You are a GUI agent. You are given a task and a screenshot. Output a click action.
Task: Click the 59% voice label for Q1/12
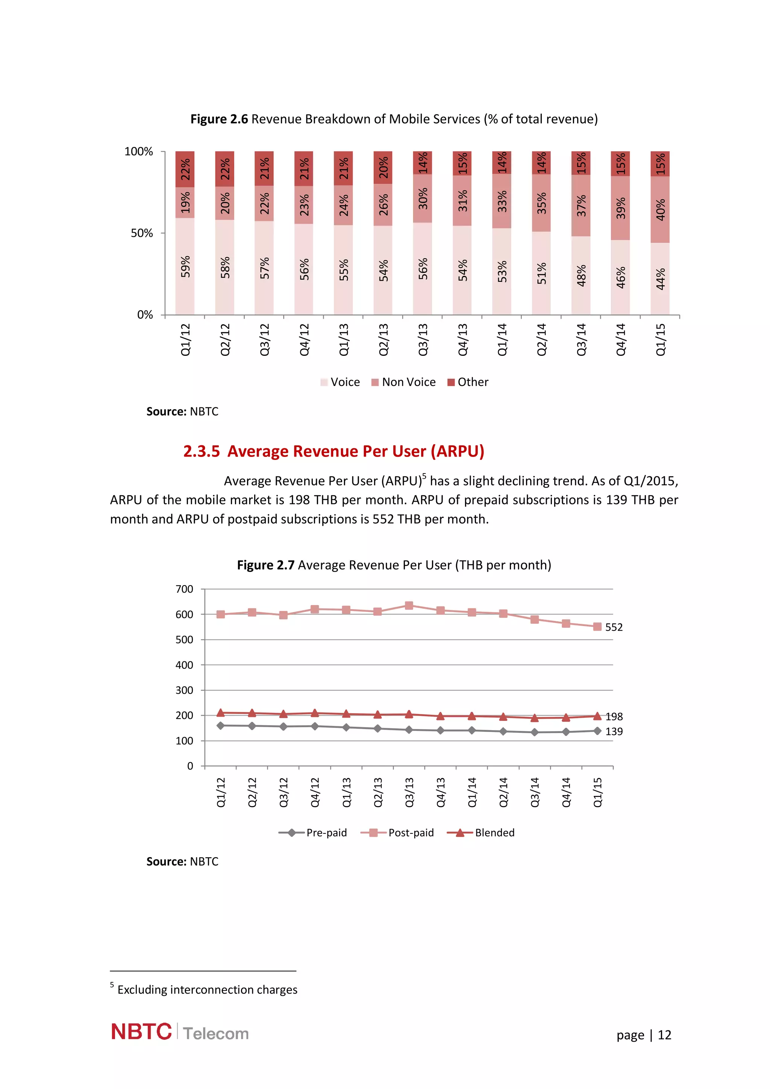(x=185, y=266)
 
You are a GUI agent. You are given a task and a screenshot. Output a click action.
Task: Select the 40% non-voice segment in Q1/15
(x=660, y=210)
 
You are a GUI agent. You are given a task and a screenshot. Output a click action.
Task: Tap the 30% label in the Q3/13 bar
(x=422, y=198)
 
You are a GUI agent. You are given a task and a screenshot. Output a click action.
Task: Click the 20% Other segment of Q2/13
(x=383, y=168)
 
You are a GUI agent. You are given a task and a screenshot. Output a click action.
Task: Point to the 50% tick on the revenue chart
(x=142, y=233)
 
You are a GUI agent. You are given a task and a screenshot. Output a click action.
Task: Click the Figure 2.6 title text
(x=394, y=119)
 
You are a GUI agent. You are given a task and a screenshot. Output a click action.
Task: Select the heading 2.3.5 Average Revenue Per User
(x=333, y=451)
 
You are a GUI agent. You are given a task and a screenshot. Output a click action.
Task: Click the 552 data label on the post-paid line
(x=614, y=627)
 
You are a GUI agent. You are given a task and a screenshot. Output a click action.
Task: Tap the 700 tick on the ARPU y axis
(x=184, y=589)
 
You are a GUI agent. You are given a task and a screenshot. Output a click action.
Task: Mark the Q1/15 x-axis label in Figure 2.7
(x=597, y=792)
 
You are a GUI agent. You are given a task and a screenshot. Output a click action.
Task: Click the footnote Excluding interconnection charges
(x=207, y=990)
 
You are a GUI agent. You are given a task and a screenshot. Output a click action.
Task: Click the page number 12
(x=664, y=1035)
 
